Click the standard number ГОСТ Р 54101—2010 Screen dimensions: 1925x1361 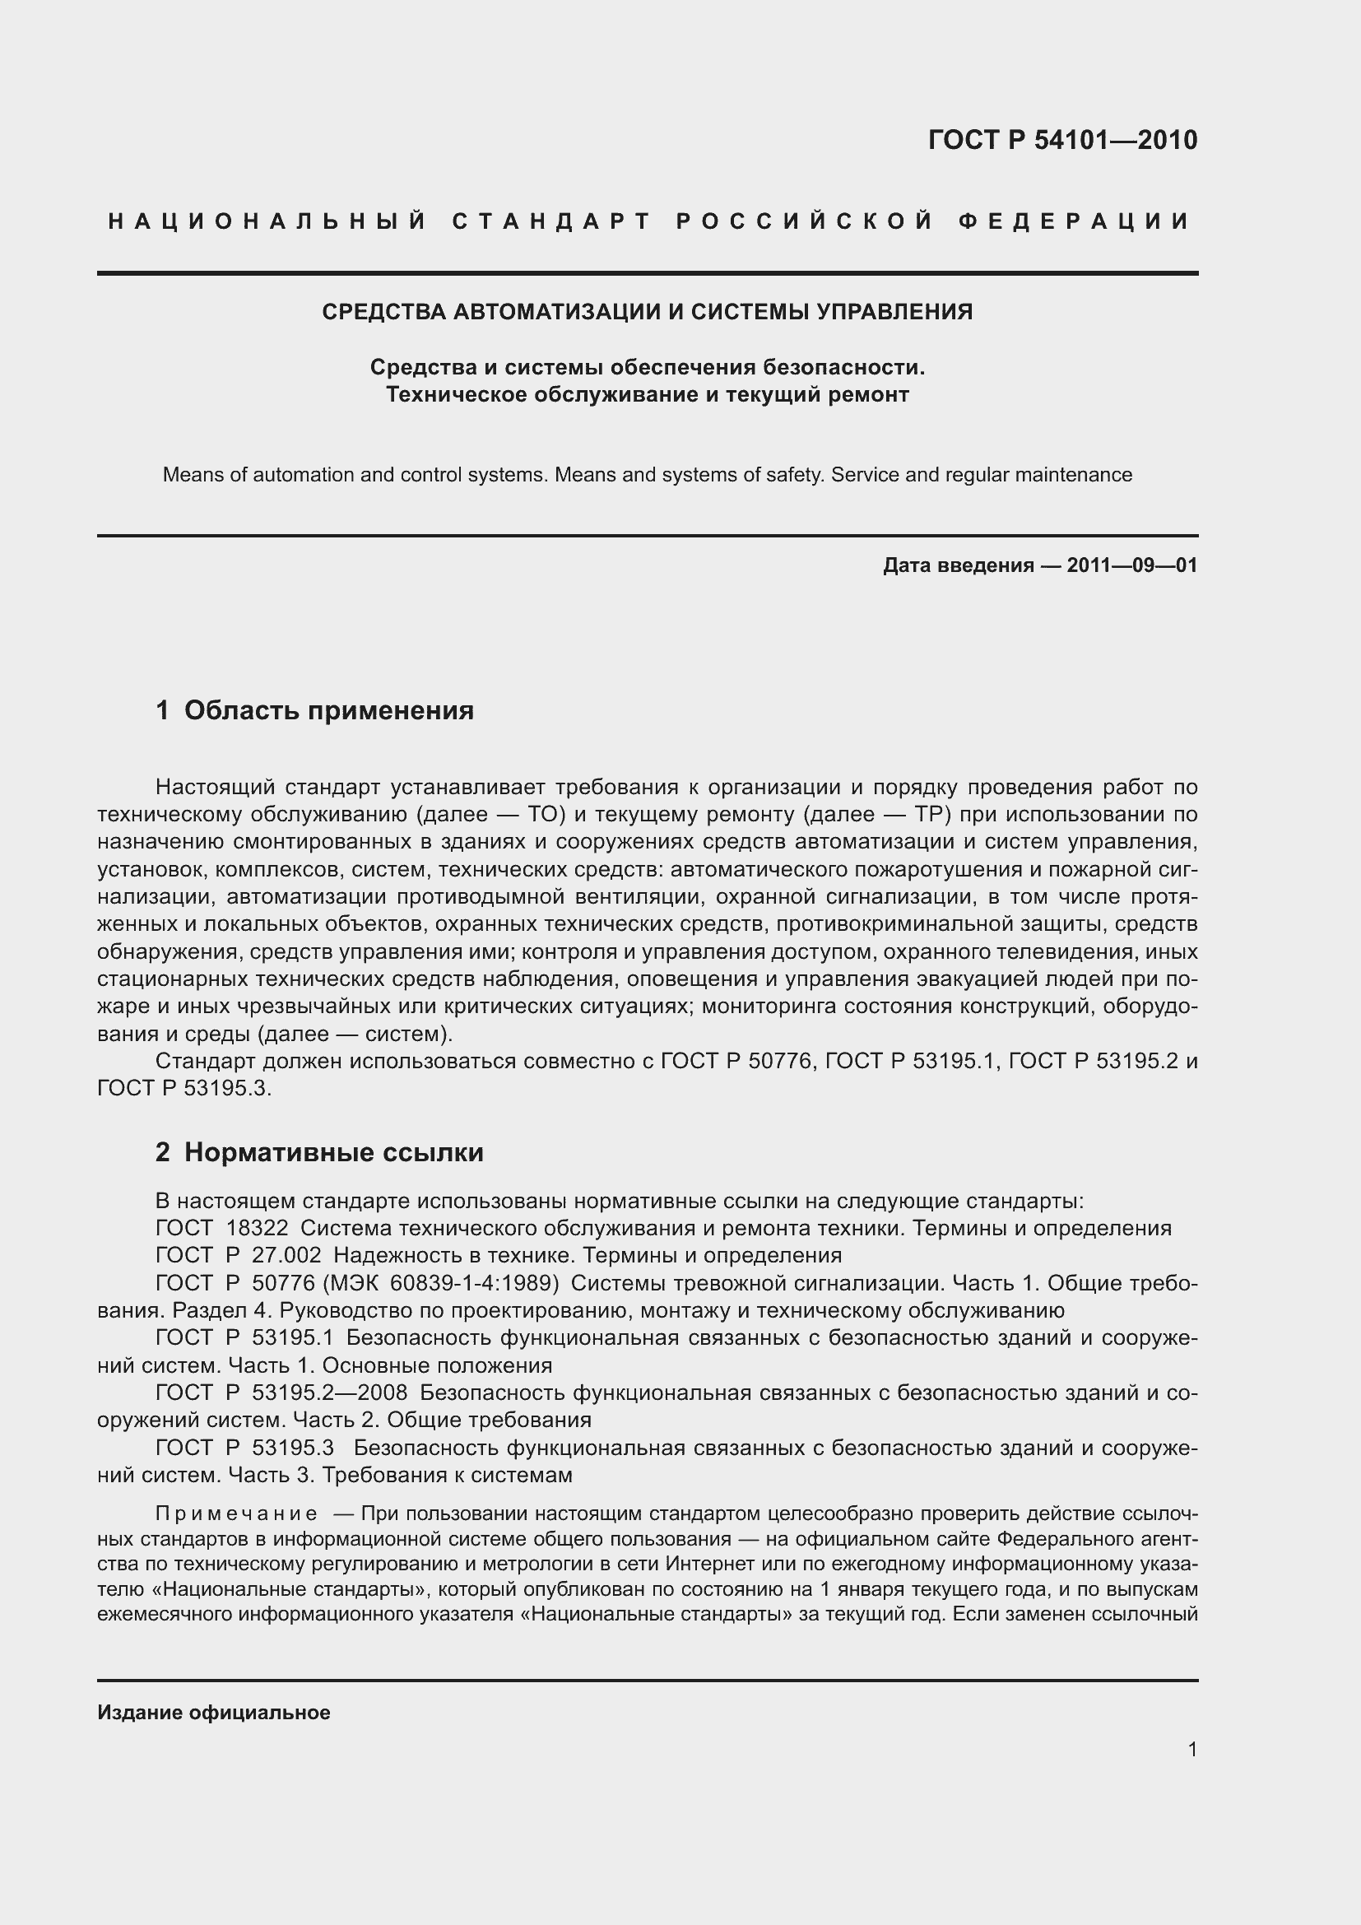[x=1062, y=140]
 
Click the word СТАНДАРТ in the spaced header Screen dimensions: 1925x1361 [x=551, y=221]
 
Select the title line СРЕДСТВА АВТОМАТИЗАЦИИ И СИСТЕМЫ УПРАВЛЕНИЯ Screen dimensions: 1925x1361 [x=647, y=313]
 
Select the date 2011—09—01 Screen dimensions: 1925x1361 [x=1132, y=566]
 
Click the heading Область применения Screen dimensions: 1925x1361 [x=328, y=711]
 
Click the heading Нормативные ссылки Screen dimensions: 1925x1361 [x=333, y=1153]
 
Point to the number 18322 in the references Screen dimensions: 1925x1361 [x=258, y=1229]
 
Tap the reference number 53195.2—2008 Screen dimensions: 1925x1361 [x=329, y=1393]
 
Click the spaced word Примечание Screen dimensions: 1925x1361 [x=236, y=1513]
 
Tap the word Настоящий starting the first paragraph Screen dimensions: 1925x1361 [x=215, y=788]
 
